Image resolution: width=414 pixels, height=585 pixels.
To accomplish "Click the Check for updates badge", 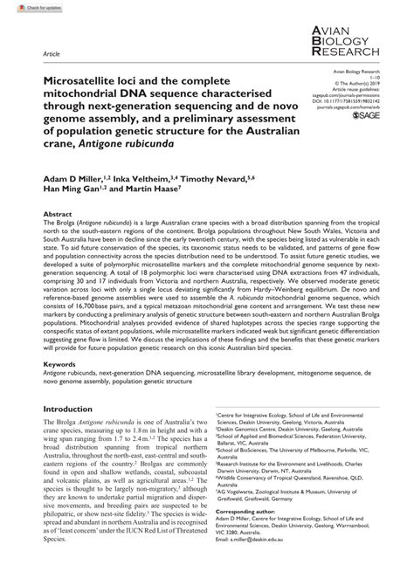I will [24, 7].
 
